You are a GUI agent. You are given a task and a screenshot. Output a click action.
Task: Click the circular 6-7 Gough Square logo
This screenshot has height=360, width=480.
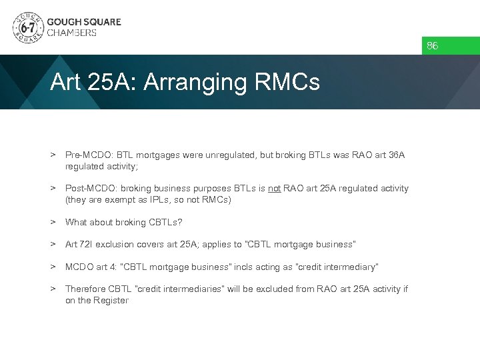click(27, 27)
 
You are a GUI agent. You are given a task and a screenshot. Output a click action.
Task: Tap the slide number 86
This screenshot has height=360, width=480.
click(433, 46)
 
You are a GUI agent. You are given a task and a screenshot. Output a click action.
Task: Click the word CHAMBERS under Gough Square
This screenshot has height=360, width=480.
click(71, 33)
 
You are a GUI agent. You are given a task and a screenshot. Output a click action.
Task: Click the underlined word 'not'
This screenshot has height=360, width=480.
click(274, 189)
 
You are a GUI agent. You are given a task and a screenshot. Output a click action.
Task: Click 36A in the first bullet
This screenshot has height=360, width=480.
click(396, 155)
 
